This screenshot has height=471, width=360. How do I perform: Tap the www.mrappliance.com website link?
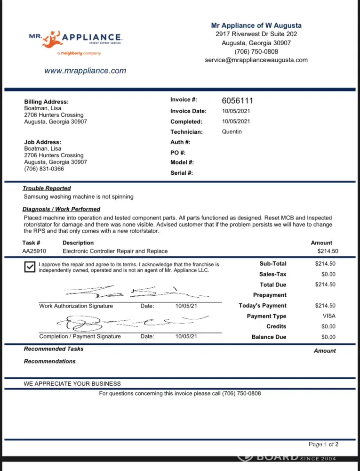pyautogui.click(x=85, y=71)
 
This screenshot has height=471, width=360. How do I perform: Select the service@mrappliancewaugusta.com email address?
pyautogui.click(x=256, y=60)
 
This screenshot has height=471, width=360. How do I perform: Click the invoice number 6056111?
pyautogui.click(x=238, y=101)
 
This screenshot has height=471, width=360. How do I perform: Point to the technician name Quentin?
pyautogui.click(x=232, y=132)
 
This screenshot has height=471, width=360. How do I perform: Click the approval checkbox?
pyautogui.click(x=29, y=267)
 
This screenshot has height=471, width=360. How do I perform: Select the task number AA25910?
pyautogui.click(x=34, y=251)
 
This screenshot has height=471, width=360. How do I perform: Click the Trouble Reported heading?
pyautogui.click(x=47, y=188)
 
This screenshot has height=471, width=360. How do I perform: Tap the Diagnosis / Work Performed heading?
pyautogui.click(x=61, y=209)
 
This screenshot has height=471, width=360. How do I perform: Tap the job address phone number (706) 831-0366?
pyautogui.click(x=44, y=169)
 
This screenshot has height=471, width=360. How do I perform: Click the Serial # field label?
pyautogui.click(x=181, y=173)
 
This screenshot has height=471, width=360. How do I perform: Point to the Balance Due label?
pyautogui.click(x=269, y=337)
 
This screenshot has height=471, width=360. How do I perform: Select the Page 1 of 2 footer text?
pyautogui.click(x=323, y=444)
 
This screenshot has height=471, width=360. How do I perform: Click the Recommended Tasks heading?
pyautogui.click(x=54, y=349)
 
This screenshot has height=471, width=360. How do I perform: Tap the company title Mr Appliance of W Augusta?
pyautogui.click(x=256, y=25)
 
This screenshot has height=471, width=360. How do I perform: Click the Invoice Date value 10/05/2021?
pyautogui.click(x=236, y=111)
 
